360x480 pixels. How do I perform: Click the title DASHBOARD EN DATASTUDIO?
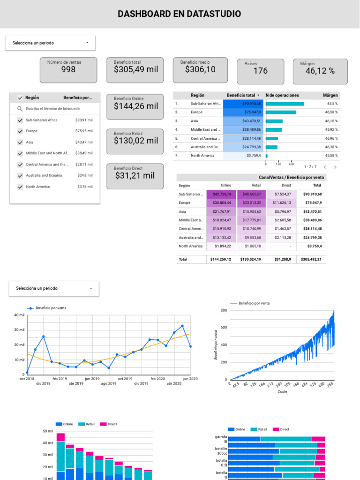click(180, 14)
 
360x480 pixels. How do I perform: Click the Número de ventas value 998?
click(68, 70)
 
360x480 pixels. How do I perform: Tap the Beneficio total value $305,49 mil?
click(135, 69)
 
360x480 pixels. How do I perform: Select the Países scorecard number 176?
click(260, 71)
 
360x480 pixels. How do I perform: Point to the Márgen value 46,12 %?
click(320, 71)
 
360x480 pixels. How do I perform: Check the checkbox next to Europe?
click(20, 131)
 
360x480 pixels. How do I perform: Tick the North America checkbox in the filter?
click(20, 187)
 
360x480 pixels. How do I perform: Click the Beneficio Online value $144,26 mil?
click(135, 106)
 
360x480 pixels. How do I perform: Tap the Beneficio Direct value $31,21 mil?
click(135, 176)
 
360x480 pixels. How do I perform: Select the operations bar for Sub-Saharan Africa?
click(285, 104)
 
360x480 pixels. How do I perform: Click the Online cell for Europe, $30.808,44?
click(222, 203)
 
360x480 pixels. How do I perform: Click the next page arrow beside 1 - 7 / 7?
click(335, 167)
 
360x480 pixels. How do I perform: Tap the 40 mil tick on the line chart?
click(19, 315)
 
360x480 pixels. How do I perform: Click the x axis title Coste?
click(282, 391)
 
